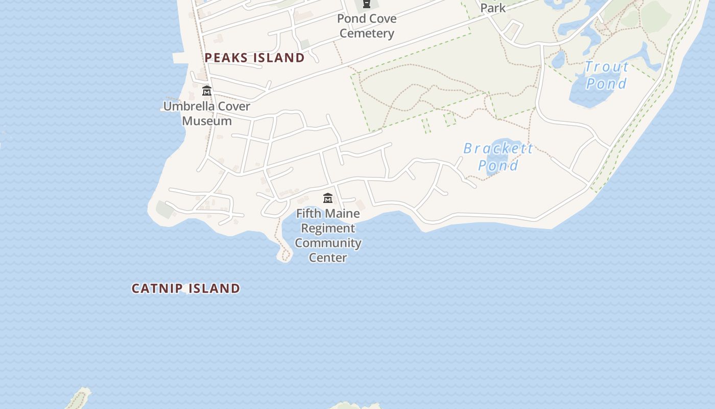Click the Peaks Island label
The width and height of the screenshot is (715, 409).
point(254,58)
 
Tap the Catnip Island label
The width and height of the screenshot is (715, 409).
point(186,288)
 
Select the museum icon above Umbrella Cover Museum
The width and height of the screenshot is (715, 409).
point(207,91)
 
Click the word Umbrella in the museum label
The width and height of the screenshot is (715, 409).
point(186,106)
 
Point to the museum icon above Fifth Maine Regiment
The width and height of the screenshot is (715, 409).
point(328,198)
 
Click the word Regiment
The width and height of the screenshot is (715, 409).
point(328,228)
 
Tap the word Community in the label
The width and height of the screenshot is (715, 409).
point(328,243)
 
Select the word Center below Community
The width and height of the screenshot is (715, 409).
point(328,258)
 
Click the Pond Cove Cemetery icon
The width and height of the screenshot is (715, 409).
point(366,5)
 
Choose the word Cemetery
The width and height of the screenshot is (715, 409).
point(367,34)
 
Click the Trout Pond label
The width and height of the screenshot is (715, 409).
point(607,75)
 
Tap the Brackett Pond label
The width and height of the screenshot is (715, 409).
point(498,156)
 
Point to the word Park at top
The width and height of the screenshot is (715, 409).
point(493,8)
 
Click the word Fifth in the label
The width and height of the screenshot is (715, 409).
point(309,213)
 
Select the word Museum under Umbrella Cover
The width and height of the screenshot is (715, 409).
point(207,121)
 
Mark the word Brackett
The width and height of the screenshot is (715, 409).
point(498,148)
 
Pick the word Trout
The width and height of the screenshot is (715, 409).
point(607,67)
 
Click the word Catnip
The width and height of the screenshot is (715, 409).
point(157,288)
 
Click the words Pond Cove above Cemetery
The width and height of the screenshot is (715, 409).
point(367,19)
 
